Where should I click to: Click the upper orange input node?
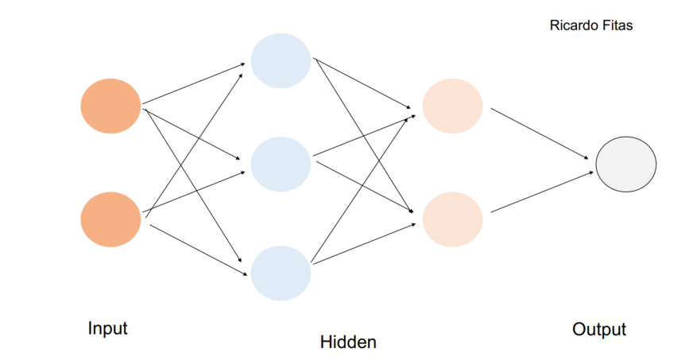110,106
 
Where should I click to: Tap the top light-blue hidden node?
280,60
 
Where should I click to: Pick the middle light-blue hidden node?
280,164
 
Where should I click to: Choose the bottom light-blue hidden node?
280,273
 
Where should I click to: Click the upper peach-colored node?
452,106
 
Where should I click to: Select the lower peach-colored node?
452,219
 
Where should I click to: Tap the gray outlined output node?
626,165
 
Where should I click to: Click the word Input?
107,327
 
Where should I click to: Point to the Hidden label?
348,343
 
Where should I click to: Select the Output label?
598,329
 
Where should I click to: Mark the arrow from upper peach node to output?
542,132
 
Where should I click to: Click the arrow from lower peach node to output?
542,192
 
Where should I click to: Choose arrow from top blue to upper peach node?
362,83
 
